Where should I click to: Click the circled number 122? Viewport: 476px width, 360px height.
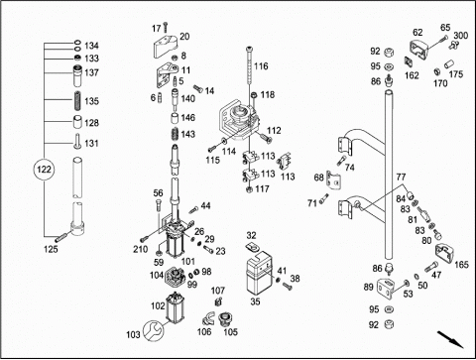click(x=44, y=170)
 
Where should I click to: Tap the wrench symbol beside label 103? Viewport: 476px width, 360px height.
click(x=153, y=330)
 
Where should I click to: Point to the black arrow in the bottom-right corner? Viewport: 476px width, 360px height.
click(x=450, y=339)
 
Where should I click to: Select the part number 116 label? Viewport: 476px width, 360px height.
click(x=261, y=66)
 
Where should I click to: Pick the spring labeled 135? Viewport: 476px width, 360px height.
click(x=77, y=101)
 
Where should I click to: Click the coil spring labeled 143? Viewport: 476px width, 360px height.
click(x=175, y=135)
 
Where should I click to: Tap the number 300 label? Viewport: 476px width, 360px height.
click(x=460, y=36)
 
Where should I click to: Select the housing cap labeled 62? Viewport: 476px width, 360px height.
click(x=418, y=50)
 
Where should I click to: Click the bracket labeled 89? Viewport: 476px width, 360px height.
click(x=386, y=287)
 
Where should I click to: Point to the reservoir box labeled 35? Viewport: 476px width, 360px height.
click(x=259, y=273)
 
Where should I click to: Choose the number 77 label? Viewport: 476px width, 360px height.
click(x=401, y=178)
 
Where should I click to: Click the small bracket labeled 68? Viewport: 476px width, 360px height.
click(x=334, y=180)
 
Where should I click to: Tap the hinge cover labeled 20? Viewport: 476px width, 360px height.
click(x=166, y=46)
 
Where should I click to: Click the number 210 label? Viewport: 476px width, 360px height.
click(x=140, y=249)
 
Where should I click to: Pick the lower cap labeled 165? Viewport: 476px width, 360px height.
click(x=444, y=255)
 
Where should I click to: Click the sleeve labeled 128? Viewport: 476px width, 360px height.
click(x=77, y=123)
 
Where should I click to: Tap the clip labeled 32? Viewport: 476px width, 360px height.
click(x=252, y=246)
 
